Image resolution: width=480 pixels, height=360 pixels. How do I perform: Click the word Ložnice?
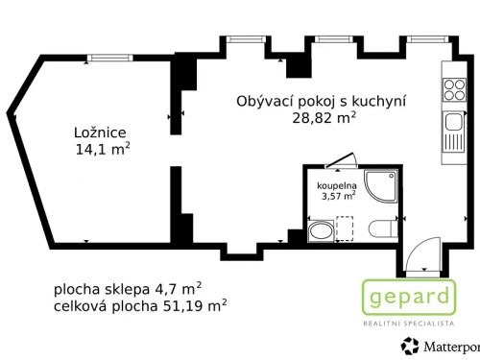coord(101,132)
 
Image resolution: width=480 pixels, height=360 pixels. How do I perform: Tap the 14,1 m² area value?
coord(103,149)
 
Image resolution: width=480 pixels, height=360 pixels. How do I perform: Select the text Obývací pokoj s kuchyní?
coord(322,101)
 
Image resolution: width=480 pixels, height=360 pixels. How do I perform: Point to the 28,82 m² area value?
coord(324,118)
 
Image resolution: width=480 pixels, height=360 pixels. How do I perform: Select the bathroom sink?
coord(320,230)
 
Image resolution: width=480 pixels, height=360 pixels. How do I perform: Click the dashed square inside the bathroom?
coord(350,229)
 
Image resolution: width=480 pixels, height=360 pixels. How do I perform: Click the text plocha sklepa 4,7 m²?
coord(128,287)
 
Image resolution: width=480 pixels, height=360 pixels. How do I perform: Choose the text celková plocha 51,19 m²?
coord(140,305)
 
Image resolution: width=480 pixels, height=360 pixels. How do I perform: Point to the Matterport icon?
coord(409,348)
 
